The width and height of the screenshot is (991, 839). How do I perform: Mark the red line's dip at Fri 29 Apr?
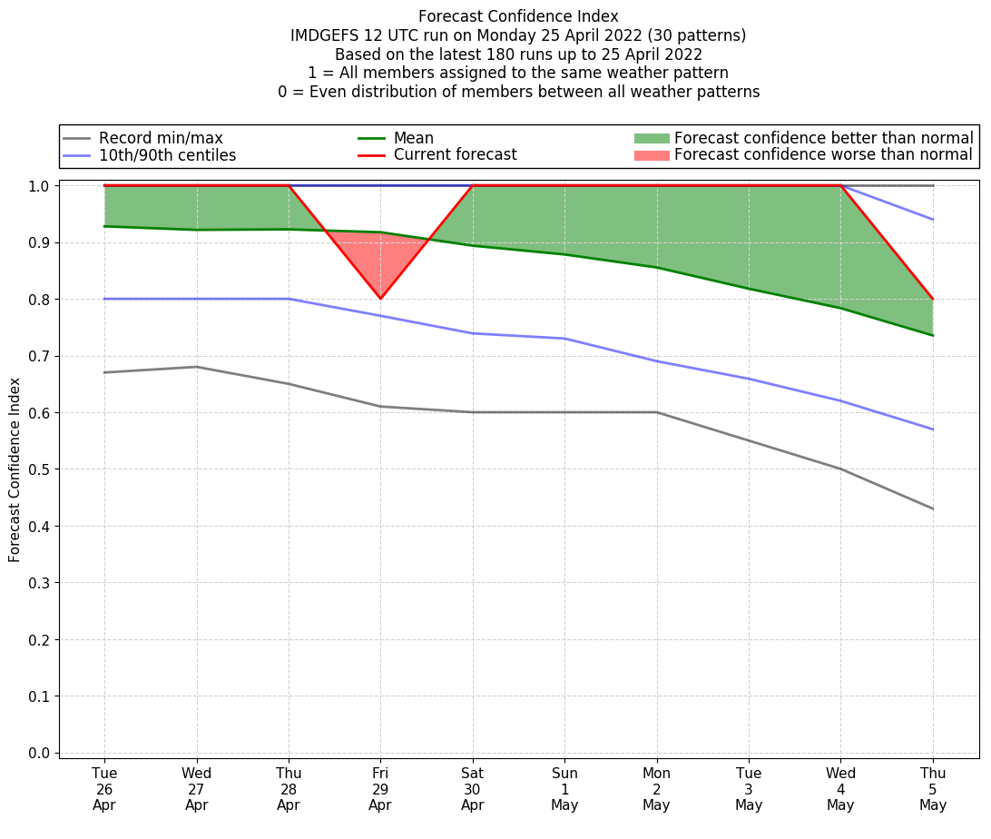[x=380, y=299]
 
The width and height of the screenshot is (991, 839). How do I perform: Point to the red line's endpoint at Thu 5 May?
[x=932, y=299]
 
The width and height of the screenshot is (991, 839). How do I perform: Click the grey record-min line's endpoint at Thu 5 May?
[x=932, y=508]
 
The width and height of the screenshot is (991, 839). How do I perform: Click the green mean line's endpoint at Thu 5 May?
[x=932, y=335]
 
